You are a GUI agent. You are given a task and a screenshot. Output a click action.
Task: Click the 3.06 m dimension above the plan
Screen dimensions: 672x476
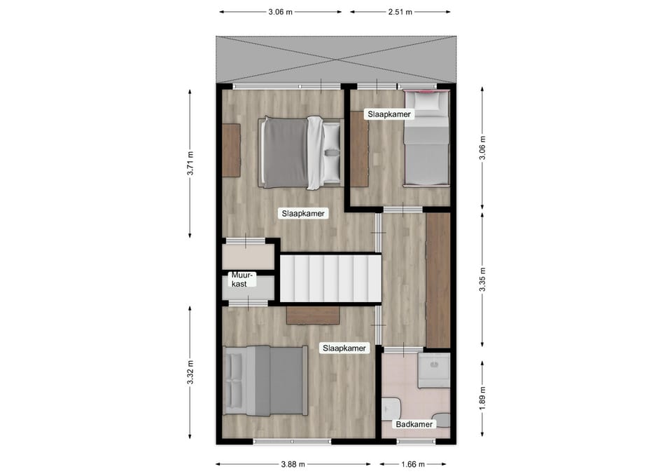(280, 12)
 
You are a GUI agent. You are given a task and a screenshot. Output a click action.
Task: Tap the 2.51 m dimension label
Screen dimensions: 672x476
(400, 12)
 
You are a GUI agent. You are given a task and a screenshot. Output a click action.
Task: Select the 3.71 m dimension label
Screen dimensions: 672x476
(190, 163)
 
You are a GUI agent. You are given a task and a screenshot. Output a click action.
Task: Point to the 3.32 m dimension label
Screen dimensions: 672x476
(190, 372)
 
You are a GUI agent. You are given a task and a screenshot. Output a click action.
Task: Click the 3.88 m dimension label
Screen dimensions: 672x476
(293, 464)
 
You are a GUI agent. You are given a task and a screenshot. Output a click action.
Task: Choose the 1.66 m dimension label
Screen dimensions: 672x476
(413, 464)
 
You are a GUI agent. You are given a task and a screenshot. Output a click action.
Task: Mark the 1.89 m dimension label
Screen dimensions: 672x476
(482, 398)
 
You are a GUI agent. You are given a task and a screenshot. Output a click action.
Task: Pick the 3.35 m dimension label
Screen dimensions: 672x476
(482, 280)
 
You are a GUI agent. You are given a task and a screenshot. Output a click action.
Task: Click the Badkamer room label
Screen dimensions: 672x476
(414, 425)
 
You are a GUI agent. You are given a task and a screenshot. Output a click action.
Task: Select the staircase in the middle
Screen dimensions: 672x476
(330, 278)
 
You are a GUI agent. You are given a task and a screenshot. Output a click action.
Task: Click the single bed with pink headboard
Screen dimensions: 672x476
(427, 138)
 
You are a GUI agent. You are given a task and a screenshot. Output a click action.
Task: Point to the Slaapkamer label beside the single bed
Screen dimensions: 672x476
(389, 114)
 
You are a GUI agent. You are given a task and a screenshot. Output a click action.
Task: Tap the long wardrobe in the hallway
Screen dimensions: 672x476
(438, 280)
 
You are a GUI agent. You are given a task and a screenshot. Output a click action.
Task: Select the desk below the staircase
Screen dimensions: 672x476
(314, 315)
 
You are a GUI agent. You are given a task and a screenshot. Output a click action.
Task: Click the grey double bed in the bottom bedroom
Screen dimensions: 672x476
(265, 381)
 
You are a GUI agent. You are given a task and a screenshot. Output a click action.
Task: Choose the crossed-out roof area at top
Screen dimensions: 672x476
(336, 60)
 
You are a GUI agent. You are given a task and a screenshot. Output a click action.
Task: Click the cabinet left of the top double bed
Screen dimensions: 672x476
(231, 150)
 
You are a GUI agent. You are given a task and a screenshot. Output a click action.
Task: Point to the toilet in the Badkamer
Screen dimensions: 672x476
(391, 408)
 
